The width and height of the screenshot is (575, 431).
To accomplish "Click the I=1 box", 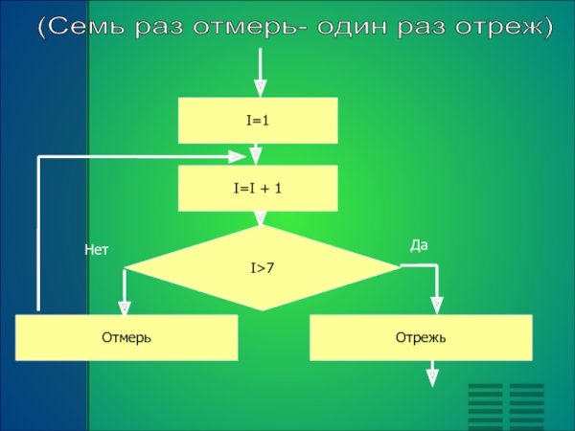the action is pos(258,121).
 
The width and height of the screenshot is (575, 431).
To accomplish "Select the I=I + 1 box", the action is pos(258,189).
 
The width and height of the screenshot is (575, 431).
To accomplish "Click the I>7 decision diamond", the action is pos(262,268).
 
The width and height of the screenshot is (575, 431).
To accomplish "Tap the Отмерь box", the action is pos(126,337).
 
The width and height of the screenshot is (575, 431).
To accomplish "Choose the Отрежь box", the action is pos(421,337).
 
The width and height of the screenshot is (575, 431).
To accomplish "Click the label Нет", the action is pos(97,250).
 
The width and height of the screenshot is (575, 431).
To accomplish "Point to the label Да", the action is pos(419,245).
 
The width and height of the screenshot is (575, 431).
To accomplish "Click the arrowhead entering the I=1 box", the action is pos(261,88).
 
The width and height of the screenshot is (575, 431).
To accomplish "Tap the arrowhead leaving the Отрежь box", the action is pos(432,378).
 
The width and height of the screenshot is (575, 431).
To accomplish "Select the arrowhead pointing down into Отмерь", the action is pos(125,306).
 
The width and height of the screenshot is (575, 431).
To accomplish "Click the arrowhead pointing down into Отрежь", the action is pos(437,306).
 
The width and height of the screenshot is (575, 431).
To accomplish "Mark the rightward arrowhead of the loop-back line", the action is pos(237,157).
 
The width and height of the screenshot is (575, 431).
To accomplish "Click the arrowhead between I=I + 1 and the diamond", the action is pos(260,218).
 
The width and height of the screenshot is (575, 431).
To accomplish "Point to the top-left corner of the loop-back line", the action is pos(38,157).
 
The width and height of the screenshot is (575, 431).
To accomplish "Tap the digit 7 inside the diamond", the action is pos(269,268).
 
